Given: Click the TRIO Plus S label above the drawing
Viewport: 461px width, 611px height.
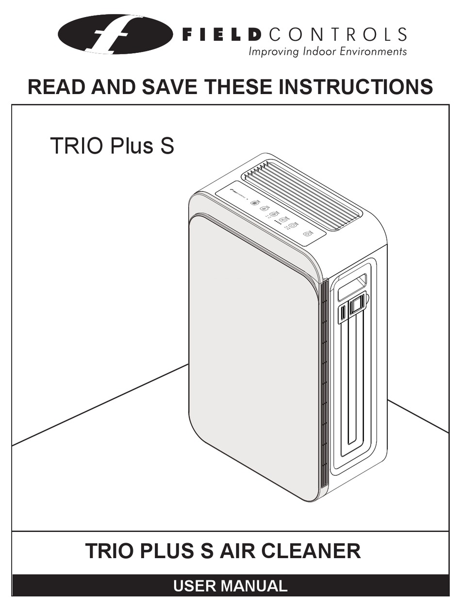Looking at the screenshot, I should click(112, 145).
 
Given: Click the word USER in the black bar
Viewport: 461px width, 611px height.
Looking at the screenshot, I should click(194, 586).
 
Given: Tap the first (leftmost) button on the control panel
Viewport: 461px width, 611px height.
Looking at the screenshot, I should click(255, 203).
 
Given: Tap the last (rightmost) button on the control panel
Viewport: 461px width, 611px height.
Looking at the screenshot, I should click(307, 234).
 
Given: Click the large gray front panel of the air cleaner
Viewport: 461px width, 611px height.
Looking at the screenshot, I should click(252, 359).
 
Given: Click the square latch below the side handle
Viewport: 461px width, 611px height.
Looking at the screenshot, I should click(357, 305).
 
